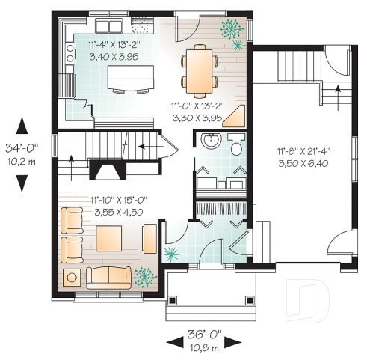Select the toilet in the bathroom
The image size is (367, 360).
(237, 147)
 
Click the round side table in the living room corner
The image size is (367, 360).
(73, 278)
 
